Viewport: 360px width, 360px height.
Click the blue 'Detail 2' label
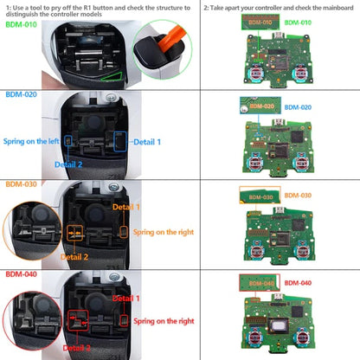pos(69,164)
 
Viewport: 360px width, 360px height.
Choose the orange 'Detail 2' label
pos(74,256)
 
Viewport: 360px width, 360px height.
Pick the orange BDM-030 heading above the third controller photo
pos(21,183)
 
